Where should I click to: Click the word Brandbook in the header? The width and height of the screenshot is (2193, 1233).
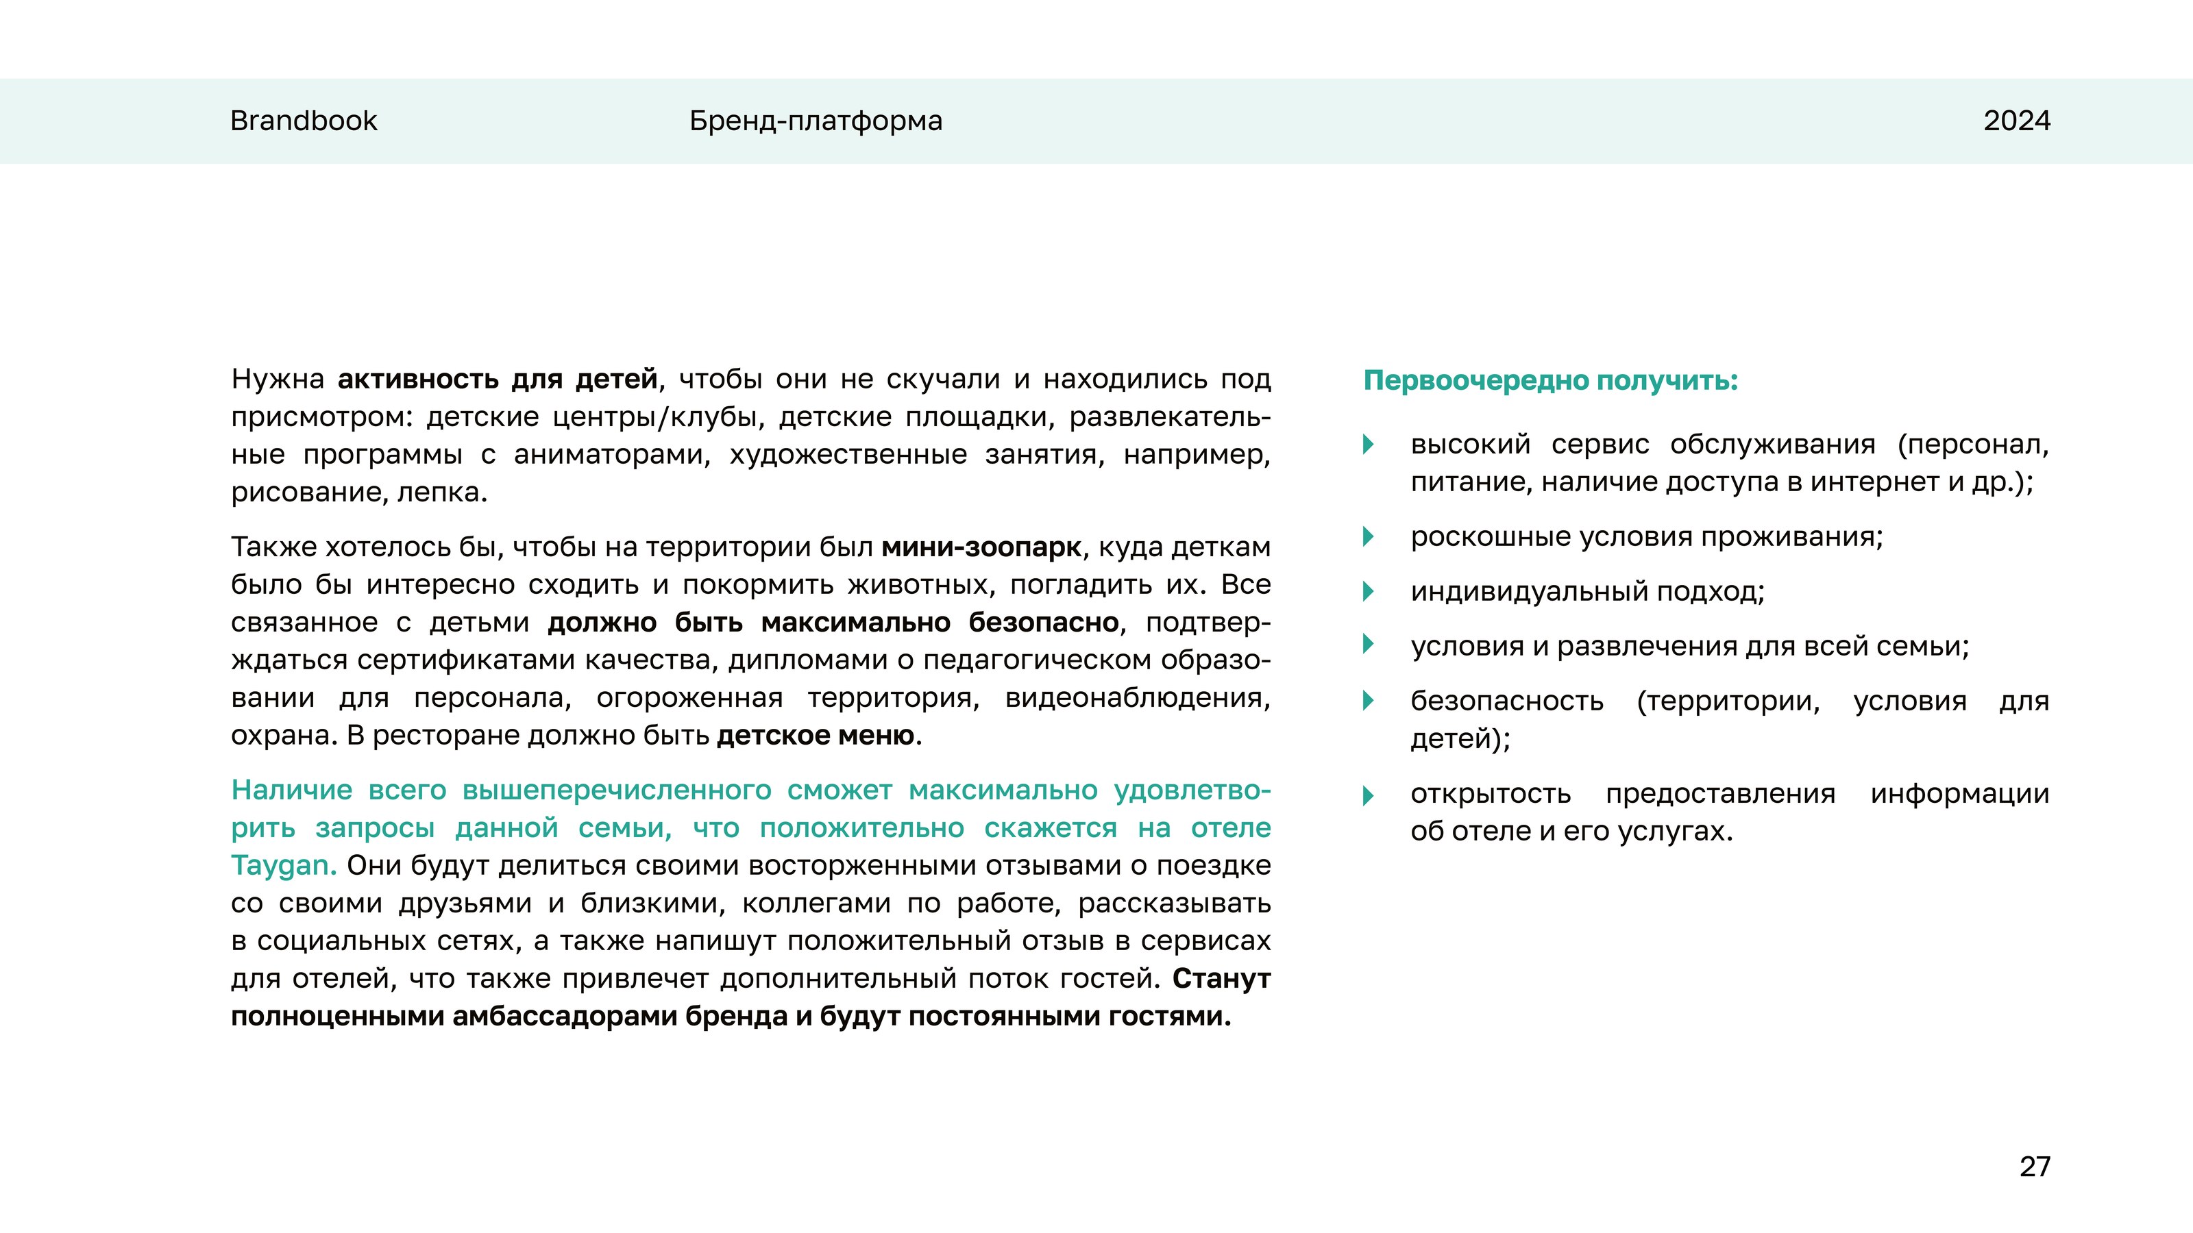[x=303, y=121]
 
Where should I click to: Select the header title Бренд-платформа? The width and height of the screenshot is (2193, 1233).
[x=816, y=121]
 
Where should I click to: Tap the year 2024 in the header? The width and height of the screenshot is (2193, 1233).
[x=2016, y=121]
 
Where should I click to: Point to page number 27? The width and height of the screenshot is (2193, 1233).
[x=2035, y=1166]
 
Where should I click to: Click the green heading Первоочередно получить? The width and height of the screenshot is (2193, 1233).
[x=1550, y=379]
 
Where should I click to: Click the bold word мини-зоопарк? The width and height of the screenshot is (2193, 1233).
[x=981, y=547]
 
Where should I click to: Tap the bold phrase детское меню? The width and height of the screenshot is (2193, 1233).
[x=816, y=735]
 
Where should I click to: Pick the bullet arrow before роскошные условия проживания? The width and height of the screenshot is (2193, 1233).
[x=1368, y=537]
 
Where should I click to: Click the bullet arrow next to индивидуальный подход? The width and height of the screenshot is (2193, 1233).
[x=1368, y=591]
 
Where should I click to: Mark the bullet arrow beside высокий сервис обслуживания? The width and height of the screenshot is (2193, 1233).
[x=1368, y=444]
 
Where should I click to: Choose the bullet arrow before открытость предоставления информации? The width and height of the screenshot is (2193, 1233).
[x=1368, y=795]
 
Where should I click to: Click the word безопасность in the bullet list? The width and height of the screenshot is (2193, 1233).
[x=1507, y=701]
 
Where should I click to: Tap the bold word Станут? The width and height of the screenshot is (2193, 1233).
[x=1221, y=979]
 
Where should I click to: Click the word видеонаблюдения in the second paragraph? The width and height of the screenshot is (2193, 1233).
[x=1138, y=698]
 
